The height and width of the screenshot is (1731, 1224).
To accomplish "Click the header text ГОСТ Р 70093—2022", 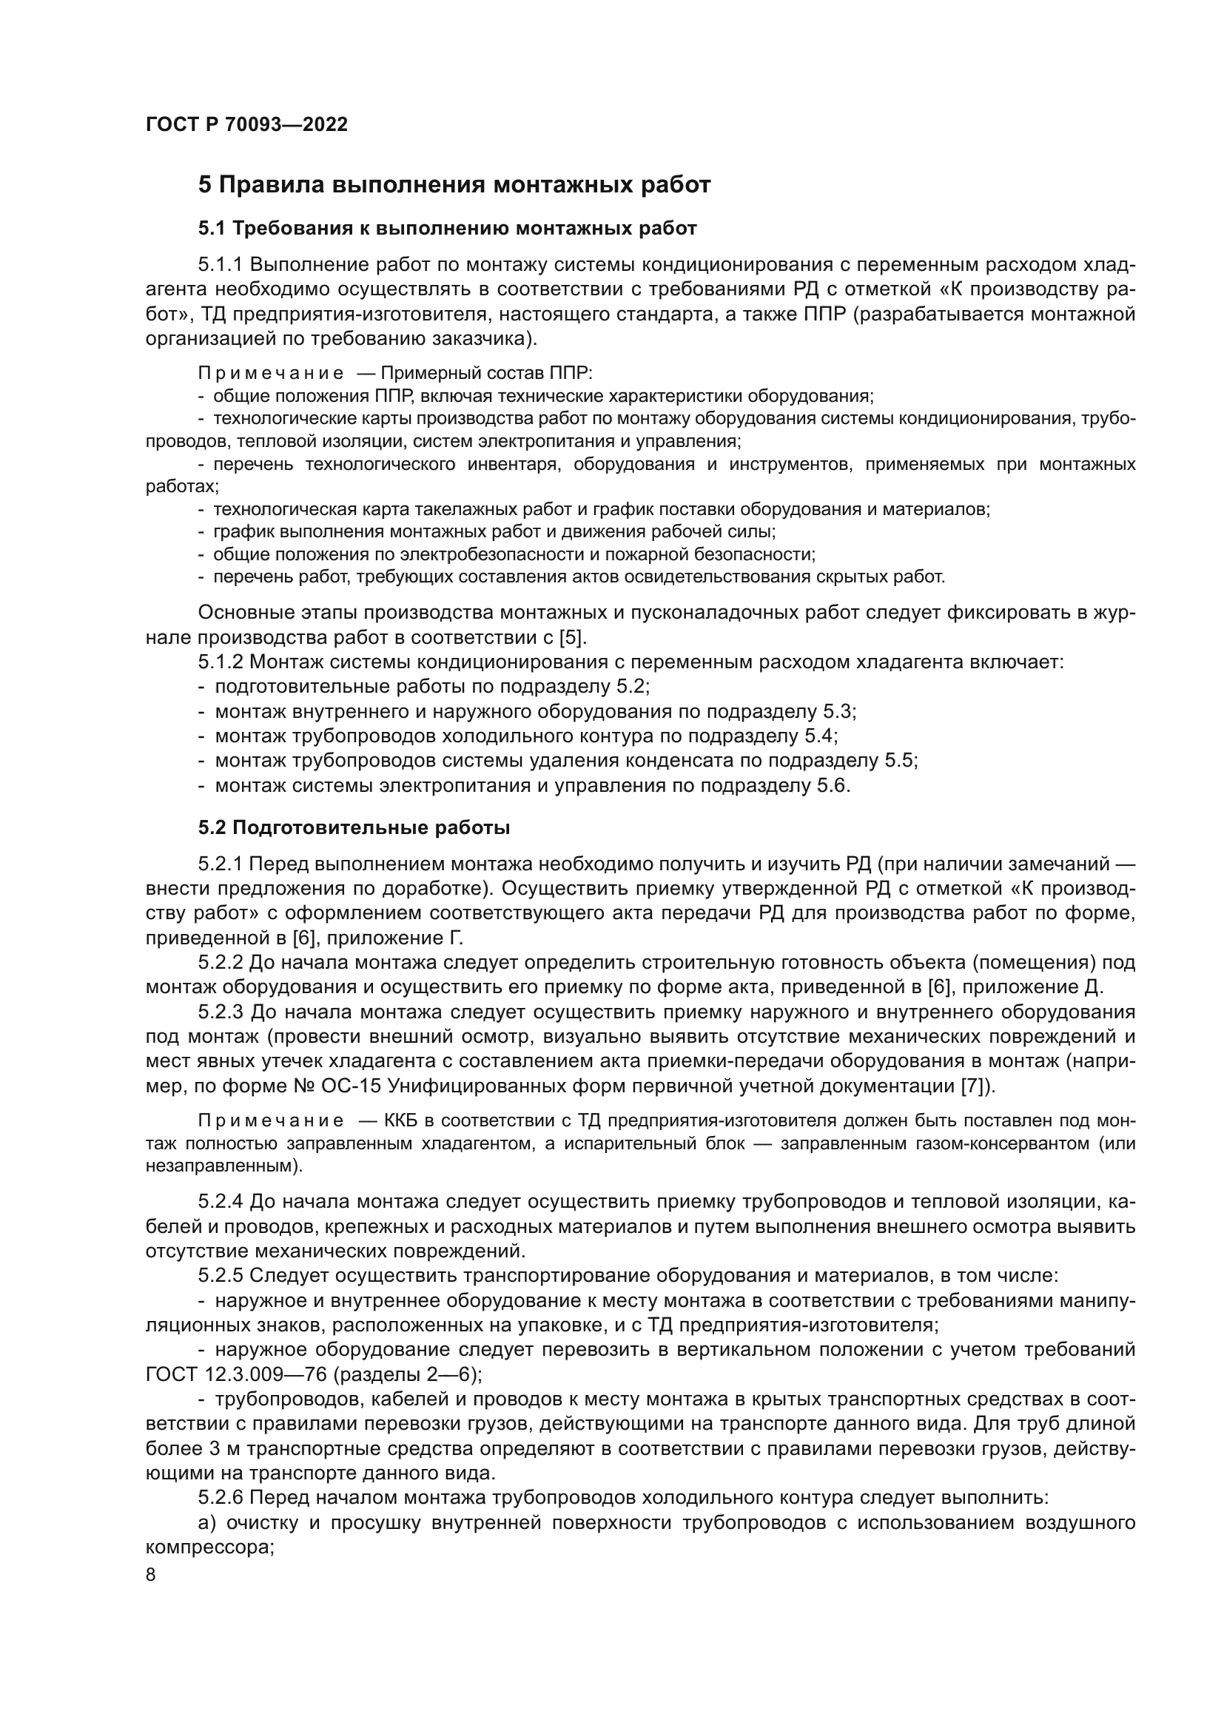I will tap(246, 125).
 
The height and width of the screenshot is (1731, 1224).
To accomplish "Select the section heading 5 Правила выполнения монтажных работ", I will tap(454, 186).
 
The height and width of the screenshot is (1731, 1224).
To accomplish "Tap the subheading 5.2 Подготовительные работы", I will tap(354, 828).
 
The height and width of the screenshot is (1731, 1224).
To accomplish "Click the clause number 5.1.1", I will tap(221, 266).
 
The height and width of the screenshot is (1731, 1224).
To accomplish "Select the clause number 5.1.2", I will tap(221, 662).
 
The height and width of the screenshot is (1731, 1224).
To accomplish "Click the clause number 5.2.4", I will tap(221, 1200).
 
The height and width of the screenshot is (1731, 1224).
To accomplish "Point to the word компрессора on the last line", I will tap(207, 1547).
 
